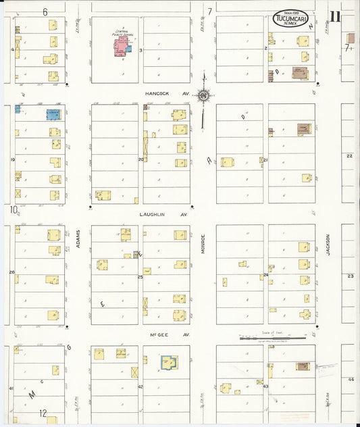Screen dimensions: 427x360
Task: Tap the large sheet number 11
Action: click(x=336, y=18)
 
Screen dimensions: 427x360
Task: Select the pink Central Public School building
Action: click(x=122, y=47)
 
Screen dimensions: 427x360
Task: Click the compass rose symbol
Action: click(x=203, y=96)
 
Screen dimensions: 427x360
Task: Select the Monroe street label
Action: click(x=203, y=244)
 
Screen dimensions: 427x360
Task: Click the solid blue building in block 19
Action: click(x=53, y=115)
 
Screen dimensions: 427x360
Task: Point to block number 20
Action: click(x=141, y=159)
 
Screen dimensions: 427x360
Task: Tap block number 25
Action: click(x=140, y=276)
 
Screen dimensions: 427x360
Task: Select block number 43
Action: click(x=265, y=386)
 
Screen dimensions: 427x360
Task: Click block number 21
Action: click(x=265, y=160)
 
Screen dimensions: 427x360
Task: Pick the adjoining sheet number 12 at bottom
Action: click(x=43, y=413)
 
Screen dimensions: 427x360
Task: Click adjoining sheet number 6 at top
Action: click(x=45, y=11)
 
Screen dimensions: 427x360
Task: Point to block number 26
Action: click(x=11, y=272)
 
